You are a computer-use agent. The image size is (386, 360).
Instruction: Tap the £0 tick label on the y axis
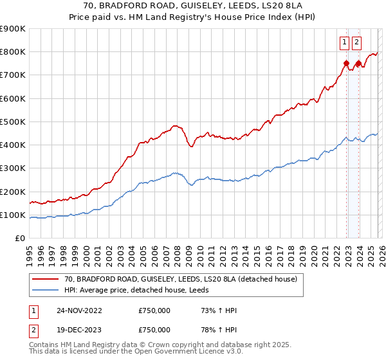pos(20,239)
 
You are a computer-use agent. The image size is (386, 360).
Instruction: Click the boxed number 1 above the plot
pos(345,43)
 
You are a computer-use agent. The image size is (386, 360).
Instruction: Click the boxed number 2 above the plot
pos(357,43)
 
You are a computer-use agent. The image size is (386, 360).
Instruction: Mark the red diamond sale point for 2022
pos(346,63)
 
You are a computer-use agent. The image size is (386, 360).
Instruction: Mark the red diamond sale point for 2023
pos(358,63)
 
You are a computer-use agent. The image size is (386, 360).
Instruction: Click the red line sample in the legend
pos(46,280)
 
